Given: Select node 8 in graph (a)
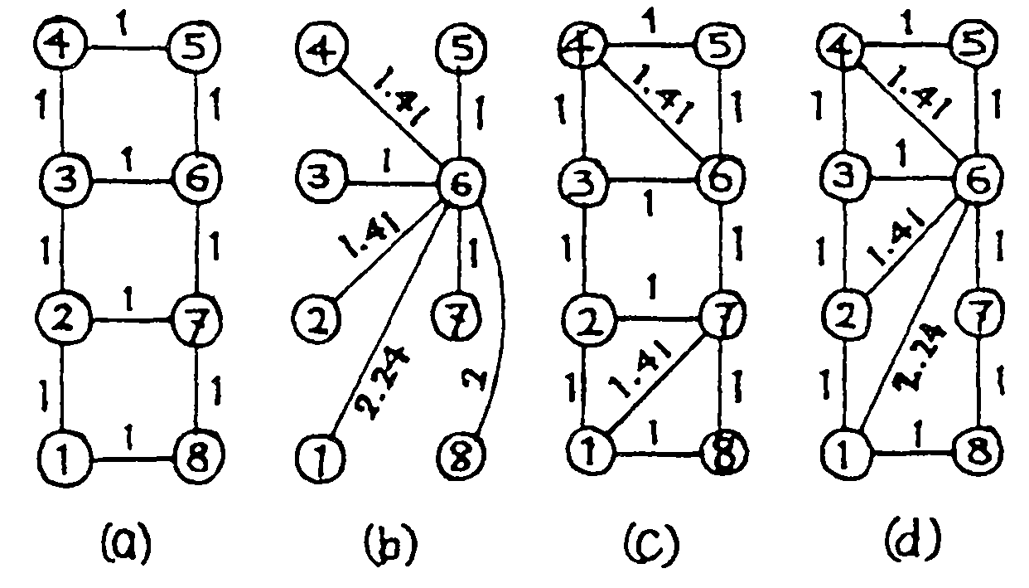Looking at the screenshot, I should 194,454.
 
